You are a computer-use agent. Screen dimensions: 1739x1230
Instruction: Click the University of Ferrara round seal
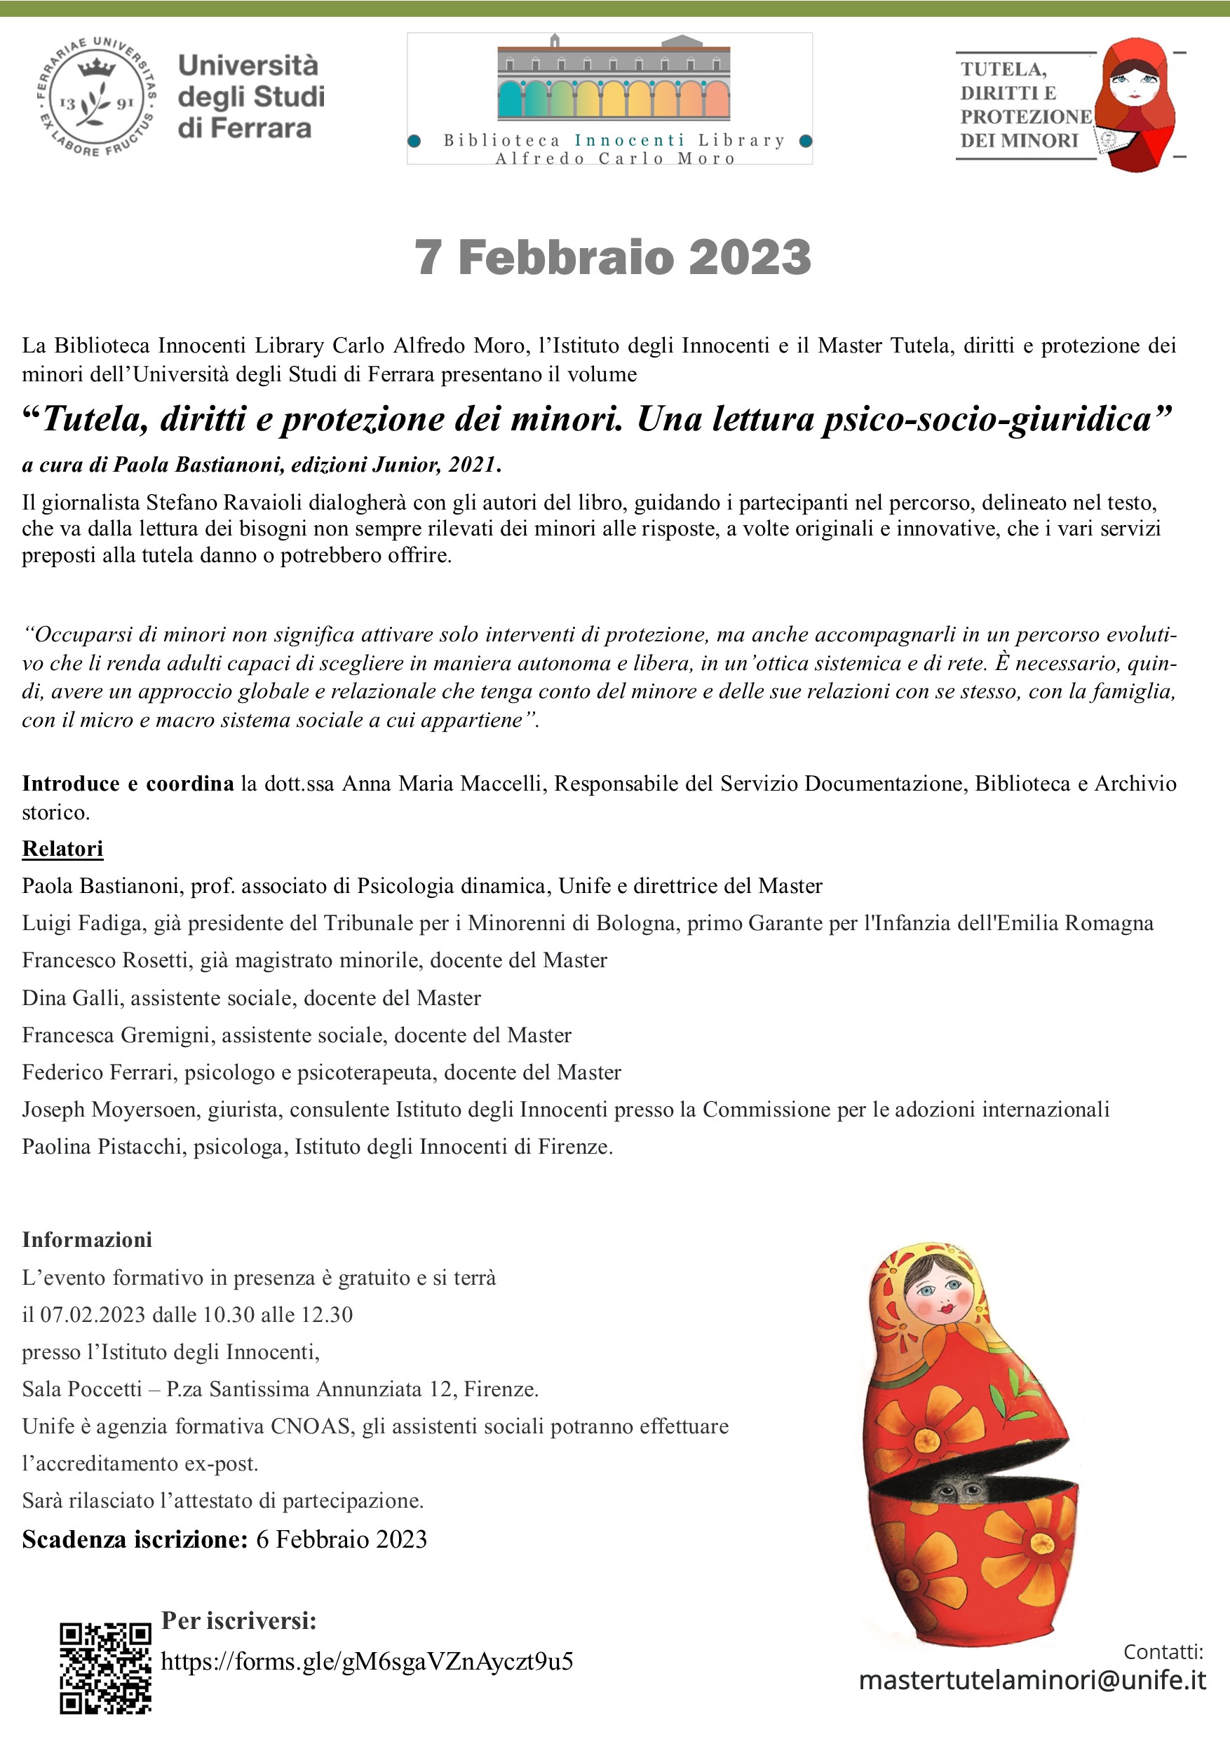click(97, 97)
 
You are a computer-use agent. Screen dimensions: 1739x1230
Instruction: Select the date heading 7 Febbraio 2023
click(612, 257)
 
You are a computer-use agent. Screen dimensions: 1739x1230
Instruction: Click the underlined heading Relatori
click(62, 848)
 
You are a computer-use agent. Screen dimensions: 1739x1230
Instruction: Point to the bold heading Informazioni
click(86, 1239)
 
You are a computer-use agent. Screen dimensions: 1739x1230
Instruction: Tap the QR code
click(105, 1666)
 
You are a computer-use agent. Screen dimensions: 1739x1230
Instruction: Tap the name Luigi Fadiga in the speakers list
click(82, 923)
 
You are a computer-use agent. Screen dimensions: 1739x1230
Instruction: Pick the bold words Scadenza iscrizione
click(134, 1539)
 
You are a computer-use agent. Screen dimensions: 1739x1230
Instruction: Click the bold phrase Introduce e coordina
click(128, 783)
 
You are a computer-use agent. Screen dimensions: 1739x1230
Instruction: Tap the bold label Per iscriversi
click(238, 1620)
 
